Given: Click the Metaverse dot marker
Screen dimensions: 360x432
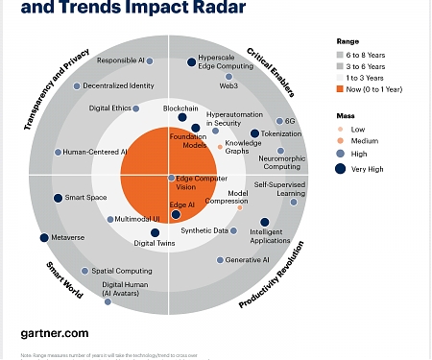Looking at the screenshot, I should tap(44, 237).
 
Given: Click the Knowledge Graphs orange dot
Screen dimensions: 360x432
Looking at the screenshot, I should tap(220, 147).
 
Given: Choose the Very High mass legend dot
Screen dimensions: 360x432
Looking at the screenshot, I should tap(341, 169).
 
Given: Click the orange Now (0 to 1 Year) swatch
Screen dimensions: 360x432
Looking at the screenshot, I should tap(341, 88).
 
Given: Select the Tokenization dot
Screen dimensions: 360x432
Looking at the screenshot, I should tap(254, 134).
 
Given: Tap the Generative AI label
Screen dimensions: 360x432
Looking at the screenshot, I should tap(247, 260).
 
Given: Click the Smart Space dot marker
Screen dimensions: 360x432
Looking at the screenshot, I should tap(58, 198).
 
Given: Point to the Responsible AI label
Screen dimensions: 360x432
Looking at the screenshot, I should tap(121, 60).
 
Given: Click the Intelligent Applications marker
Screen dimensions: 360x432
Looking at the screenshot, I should tap(264, 222).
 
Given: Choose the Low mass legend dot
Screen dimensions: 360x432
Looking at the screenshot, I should tap(341, 128).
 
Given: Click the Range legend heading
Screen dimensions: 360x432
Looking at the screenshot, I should tap(348, 41).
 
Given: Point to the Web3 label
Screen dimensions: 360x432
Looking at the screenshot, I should tap(228, 85).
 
